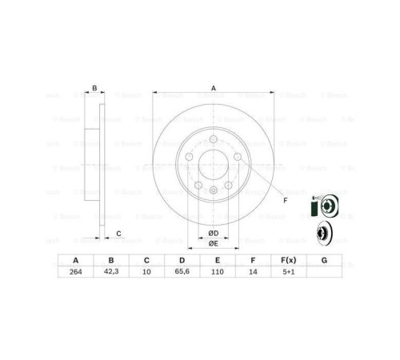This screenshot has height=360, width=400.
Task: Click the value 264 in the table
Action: (x=76, y=272)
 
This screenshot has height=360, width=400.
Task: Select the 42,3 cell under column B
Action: (x=111, y=272)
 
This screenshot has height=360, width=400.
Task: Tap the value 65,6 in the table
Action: (x=182, y=272)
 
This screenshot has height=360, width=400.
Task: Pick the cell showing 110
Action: (x=217, y=272)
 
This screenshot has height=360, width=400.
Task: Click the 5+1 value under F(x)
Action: (x=288, y=272)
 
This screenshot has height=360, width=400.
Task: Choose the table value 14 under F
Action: (x=252, y=272)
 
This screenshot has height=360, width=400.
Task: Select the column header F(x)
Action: (x=288, y=259)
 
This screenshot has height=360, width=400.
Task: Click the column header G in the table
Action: (x=323, y=259)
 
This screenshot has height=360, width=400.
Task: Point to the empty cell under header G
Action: (x=323, y=272)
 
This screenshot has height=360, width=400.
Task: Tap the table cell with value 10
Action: (x=146, y=272)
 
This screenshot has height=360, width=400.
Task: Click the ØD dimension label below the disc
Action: (x=214, y=232)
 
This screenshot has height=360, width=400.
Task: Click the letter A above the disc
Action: (x=214, y=88)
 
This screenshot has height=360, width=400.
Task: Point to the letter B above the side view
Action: (x=94, y=88)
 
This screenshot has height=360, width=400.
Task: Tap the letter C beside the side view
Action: (x=118, y=233)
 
